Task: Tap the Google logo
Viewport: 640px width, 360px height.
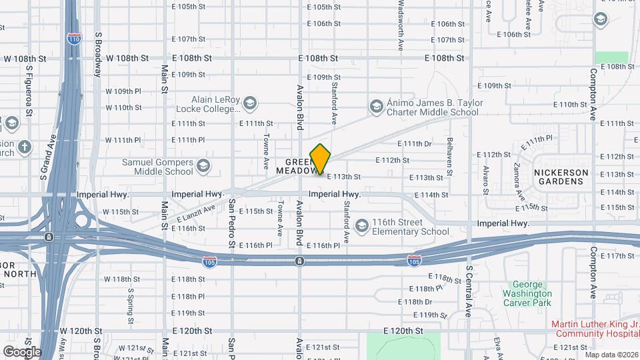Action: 21,351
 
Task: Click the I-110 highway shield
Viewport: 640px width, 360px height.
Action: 74,39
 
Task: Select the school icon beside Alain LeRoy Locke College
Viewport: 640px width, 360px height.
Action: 249,103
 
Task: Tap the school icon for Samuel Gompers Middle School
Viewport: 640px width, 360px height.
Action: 203,167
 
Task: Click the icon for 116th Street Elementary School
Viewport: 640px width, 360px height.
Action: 361,227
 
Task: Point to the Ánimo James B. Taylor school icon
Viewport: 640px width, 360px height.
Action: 376,107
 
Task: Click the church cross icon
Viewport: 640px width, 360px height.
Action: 25,147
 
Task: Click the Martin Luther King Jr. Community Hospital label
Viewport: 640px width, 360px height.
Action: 595,329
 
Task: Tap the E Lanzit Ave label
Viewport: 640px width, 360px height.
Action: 196,213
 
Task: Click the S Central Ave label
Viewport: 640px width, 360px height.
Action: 469,290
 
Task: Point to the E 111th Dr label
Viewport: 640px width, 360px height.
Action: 415,144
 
